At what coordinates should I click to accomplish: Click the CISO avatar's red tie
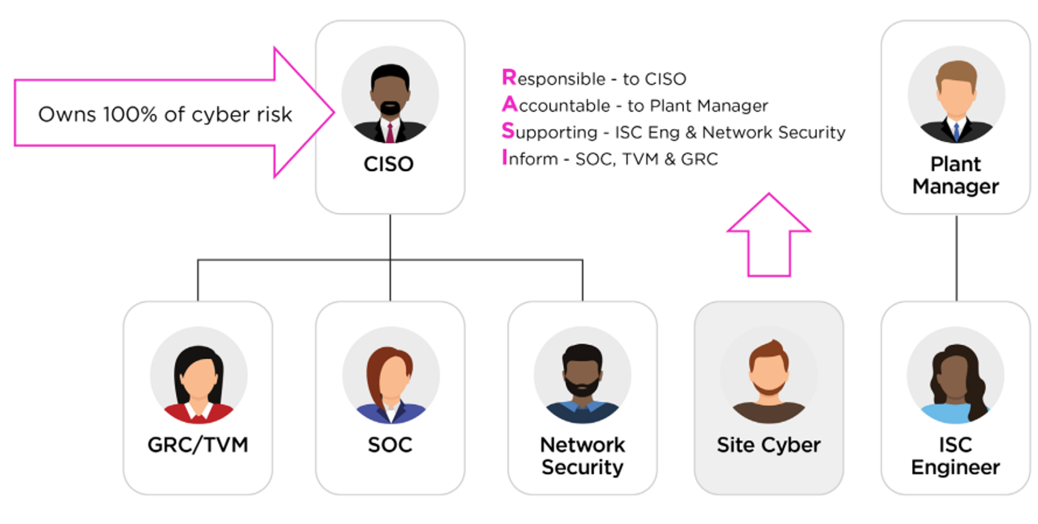390,133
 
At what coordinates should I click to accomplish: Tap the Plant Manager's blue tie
956,131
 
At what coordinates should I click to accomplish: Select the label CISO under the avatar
388,164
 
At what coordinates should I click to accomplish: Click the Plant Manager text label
955,175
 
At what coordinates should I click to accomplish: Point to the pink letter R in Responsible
509,78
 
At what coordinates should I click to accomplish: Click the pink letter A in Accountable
509,105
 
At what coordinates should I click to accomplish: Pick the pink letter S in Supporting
508,131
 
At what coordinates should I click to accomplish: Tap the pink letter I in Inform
504,158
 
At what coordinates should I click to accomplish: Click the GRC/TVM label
198,445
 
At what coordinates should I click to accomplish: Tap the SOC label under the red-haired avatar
390,445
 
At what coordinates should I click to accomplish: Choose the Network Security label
583,456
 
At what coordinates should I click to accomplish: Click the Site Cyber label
769,445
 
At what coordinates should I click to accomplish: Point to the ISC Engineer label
955,456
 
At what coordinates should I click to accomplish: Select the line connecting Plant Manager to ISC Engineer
957,258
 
